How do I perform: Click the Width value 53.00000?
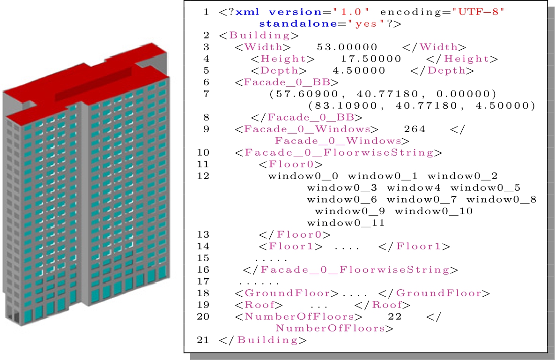click(x=347, y=47)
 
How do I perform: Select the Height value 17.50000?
click(x=371, y=59)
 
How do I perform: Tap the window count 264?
click(x=414, y=129)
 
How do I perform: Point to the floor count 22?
click(x=395, y=316)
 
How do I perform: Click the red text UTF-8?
click(x=478, y=12)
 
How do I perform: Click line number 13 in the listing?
click(x=203, y=234)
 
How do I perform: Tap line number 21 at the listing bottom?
click(x=203, y=340)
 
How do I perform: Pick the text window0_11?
click(x=346, y=223)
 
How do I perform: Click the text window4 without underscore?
click(x=414, y=188)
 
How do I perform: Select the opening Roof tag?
click(x=259, y=305)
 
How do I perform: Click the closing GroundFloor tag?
click(x=434, y=293)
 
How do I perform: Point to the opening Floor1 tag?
click(x=290, y=246)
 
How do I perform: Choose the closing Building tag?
click(x=263, y=340)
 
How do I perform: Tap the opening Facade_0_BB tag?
click(x=286, y=82)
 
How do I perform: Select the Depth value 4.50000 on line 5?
click(x=359, y=70)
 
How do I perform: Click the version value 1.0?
click(x=351, y=12)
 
